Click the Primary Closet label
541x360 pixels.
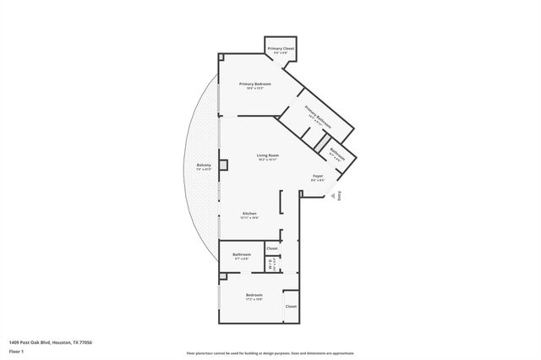pyautogui.click(x=281, y=49)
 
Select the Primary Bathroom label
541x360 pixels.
pyautogui.click(x=318, y=119)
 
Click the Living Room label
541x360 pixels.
pyautogui.click(x=268, y=155)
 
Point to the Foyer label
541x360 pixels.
pyautogui.click(x=318, y=176)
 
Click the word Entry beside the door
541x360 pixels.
pyautogui.click(x=341, y=196)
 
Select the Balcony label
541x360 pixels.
pyautogui.click(x=204, y=165)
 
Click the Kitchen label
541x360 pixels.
pyautogui.click(x=249, y=213)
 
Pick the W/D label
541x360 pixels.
pyautogui.click(x=270, y=265)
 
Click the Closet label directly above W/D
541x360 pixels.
pyautogui.click(x=271, y=248)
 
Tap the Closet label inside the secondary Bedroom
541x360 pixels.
pyautogui.click(x=290, y=306)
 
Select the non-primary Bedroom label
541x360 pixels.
pyautogui.click(x=254, y=295)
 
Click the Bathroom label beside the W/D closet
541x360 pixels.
pyautogui.click(x=241, y=254)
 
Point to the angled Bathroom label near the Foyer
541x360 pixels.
pyautogui.click(x=336, y=154)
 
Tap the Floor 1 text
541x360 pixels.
pyautogui.click(x=17, y=352)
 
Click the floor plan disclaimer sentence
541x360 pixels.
pyautogui.click(x=270, y=352)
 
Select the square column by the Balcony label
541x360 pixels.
pyautogui.click(x=223, y=165)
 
